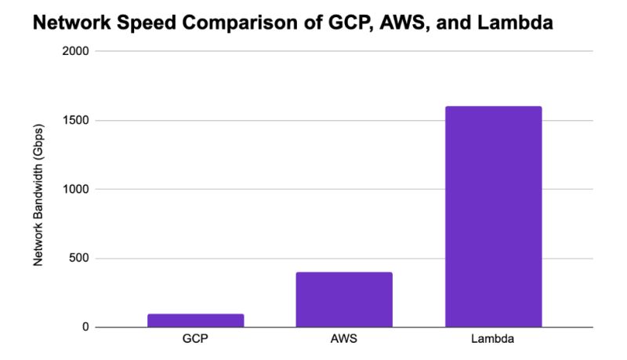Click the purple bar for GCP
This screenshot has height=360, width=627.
(x=195, y=320)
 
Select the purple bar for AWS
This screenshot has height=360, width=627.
(x=344, y=300)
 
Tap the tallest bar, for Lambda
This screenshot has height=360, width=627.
(x=493, y=216)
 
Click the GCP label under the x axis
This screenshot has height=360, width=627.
(x=195, y=340)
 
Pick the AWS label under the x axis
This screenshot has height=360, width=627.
(x=344, y=340)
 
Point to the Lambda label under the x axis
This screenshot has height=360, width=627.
(x=493, y=340)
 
